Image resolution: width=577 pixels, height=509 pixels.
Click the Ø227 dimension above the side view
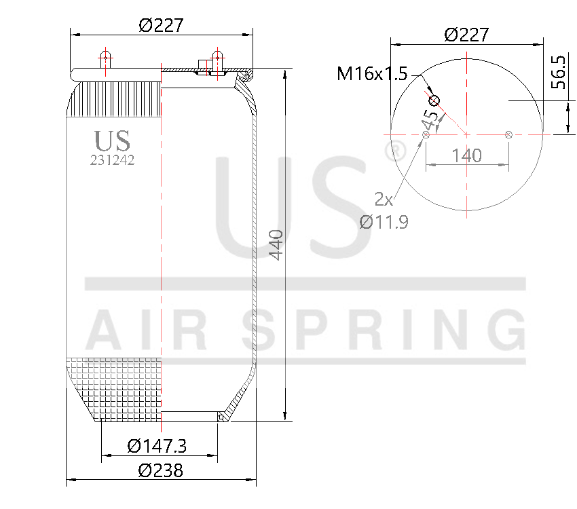pos(162,24)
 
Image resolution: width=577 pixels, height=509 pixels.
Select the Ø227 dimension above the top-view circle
pos(466,35)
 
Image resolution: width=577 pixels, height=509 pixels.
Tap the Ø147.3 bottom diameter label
pos(157,446)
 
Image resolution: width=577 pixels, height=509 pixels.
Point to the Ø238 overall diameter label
pos(160,470)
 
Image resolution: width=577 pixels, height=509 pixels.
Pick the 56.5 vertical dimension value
pos(558,73)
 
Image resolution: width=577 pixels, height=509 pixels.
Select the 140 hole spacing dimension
pos(466,155)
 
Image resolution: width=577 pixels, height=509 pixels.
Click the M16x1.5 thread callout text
pos(372,73)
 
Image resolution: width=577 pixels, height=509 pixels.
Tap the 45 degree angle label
pos(429,120)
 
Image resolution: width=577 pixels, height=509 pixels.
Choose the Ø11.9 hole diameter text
pos(384,221)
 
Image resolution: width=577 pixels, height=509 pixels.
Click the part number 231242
pos(112,160)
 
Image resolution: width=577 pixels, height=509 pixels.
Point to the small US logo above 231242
pos(112,140)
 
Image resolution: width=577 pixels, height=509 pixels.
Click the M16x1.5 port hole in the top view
pos(434,102)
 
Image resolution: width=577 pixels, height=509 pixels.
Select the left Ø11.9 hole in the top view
pos(426,134)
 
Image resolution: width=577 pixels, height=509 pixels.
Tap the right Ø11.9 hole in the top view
pos(508,134)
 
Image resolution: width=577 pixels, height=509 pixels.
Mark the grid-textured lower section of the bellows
pos(115,387)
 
